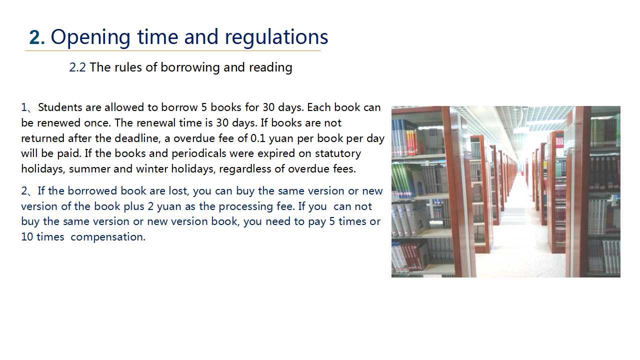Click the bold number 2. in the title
point(37,37)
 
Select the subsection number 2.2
point(77,67)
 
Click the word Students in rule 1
point(60,107)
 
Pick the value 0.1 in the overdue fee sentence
point(258,138)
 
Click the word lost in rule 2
point(179,191)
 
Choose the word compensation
point(108,237)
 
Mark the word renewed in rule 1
point(59,123)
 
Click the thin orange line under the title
point(173,51)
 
